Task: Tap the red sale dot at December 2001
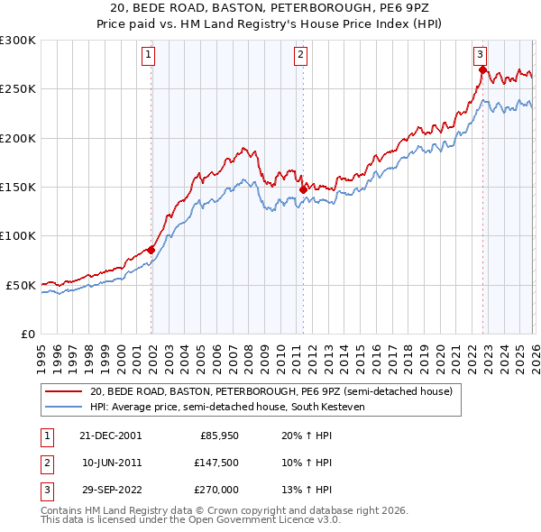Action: click(151, 250)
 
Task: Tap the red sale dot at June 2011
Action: click(302, 189)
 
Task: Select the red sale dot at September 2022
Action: click(482, 69)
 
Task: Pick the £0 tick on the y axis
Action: click(26, 334)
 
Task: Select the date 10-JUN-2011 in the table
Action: click(110, 462)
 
